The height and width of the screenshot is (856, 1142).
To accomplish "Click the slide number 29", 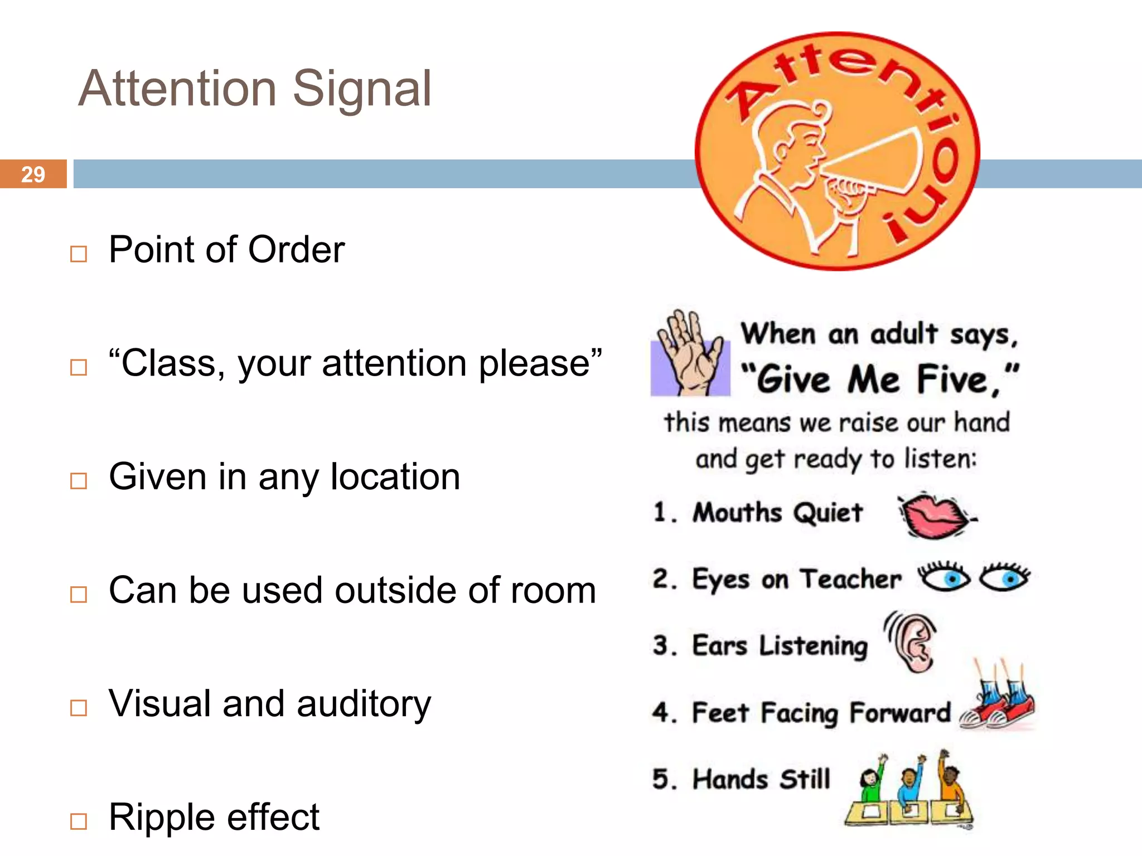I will coord(33,174).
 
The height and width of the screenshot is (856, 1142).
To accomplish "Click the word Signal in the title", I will coord(362,89).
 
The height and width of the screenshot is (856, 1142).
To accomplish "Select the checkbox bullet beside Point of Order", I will coord(79,254).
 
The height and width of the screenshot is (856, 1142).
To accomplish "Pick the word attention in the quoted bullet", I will coord(395,363).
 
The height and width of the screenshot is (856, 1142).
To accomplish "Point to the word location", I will coord(395,477).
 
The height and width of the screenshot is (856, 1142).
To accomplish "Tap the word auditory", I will coord(364,704).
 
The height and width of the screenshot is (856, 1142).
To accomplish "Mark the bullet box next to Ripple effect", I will coord(79,821).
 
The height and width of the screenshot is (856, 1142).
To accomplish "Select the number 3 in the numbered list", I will coord(661,645).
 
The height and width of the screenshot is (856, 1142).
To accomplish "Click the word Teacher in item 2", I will coord(851,579).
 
